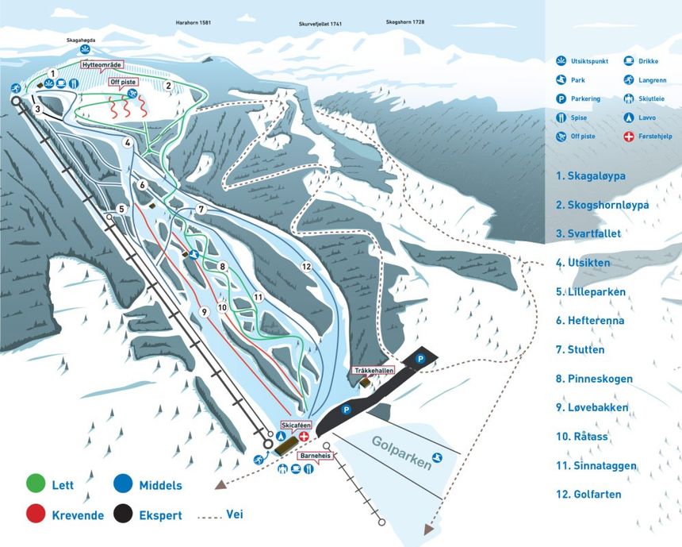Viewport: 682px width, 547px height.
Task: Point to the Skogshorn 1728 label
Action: [405, 22]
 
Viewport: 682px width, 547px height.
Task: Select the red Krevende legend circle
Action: [36, 515]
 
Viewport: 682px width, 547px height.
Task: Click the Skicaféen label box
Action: [296, 425]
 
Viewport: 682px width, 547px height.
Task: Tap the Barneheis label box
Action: [314, 456]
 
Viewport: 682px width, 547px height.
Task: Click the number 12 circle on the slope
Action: [306, 267]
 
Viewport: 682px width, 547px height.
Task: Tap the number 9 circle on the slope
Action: [204, 311]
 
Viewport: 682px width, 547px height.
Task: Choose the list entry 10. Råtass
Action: [590, 436]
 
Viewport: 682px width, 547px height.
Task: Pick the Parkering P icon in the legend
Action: [561, 98]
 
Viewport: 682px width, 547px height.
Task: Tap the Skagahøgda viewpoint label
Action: [83, 39]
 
